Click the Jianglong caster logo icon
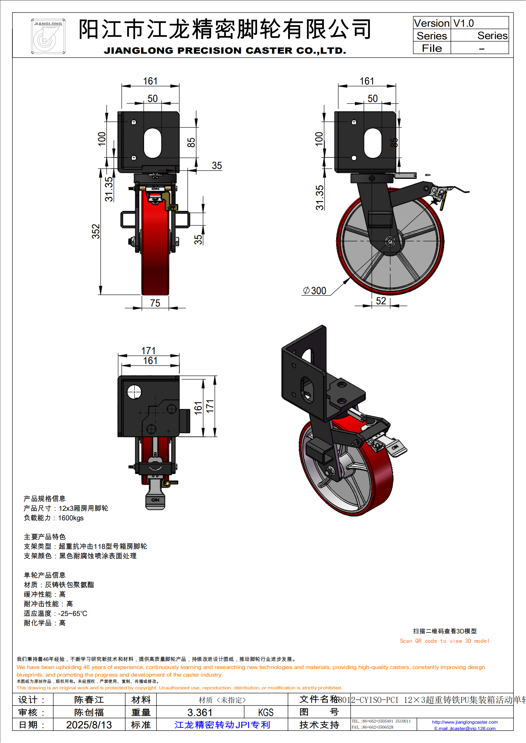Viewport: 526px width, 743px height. pos(48,36)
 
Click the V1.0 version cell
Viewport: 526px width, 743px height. pos(463,23)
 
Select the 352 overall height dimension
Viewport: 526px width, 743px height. pos(96,231)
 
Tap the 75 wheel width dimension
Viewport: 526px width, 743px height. pos(155,303)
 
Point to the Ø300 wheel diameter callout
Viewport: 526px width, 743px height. pos(315,291)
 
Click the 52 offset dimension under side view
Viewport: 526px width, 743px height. pos(381,301)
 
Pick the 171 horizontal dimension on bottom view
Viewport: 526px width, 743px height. pos(148,351)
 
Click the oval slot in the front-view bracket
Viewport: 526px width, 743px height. pos(153,143)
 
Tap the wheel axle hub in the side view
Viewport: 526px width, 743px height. pos(390,241)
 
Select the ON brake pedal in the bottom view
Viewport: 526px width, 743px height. pos(155,500)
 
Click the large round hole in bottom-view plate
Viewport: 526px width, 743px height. pos(134,392)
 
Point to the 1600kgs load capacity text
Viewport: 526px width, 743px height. pos(71,518)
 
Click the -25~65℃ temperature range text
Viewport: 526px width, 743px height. pos(73,614)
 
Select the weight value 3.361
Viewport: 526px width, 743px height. pos(200,712)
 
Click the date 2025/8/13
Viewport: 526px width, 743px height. pos(89,725)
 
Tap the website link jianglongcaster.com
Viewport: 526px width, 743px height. pos(465,722)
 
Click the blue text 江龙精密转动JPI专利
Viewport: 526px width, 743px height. pos(222,725)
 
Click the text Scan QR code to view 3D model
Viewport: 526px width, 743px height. pos(444,641)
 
